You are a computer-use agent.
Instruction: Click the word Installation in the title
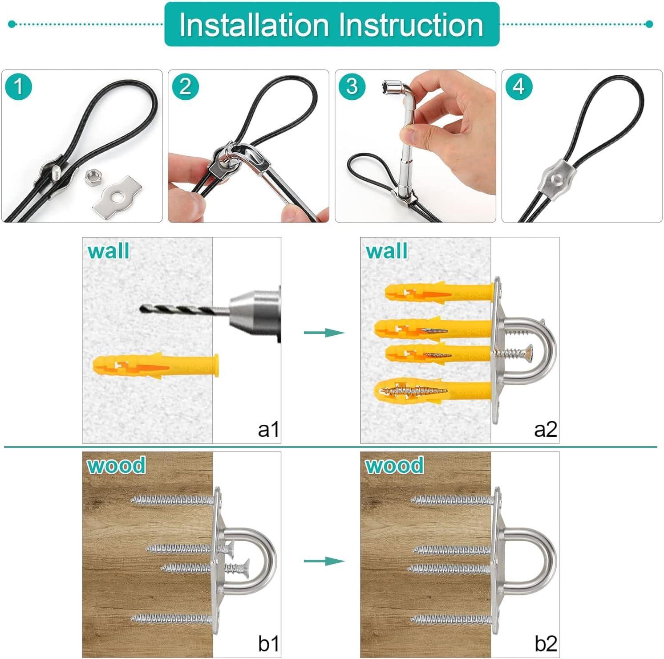[x=254, y=24]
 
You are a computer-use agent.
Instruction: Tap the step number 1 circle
[x=18, y=86]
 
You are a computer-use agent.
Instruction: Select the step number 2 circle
[x=185, y=86]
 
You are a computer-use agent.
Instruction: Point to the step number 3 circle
[x=352, y=86]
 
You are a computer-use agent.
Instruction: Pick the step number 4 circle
[x=518, y=86]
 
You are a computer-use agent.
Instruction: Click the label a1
[x=268, y=430]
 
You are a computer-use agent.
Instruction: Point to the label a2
[x=545, y=430]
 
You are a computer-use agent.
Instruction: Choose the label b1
[x=268, y=643]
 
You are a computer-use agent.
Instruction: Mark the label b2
[x=545, y=643]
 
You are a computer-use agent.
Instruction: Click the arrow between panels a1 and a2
[x=324, y=333]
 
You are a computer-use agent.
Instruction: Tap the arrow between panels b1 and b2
[x=324, y=561]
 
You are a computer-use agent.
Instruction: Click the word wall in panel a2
[x=386, y=251]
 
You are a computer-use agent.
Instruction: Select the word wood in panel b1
[x=116, y=465]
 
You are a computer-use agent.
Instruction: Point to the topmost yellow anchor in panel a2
[x=438, y=293]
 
